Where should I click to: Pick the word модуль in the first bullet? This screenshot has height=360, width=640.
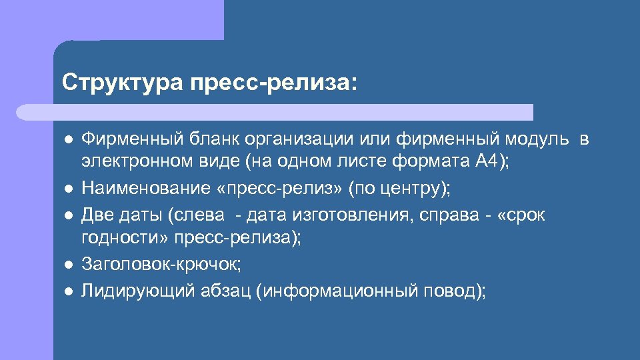pos(537,139)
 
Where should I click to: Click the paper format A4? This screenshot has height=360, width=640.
pos(487,162)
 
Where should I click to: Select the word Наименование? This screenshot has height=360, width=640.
pos(146,188)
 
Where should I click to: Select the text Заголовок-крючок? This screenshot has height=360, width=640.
pos(161,264)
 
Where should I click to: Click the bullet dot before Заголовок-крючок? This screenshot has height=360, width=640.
pos(69,265)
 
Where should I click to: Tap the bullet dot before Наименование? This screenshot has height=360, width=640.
pos(69,189)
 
